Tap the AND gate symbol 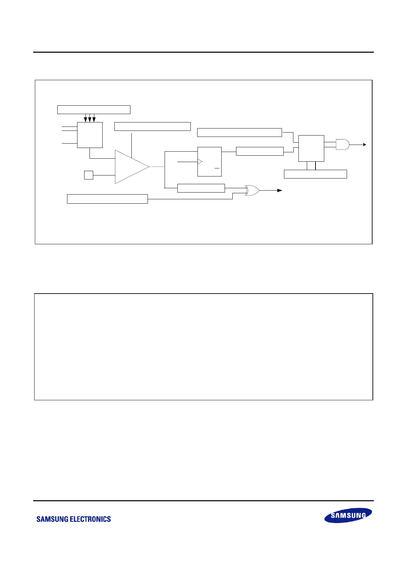pos(342,144)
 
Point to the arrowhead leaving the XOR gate pos(280,190)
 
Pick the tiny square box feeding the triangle pos(89,175)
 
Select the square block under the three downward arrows pos(90,135)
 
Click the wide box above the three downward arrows pos(94,109)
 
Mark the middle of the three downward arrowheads pos(90,119)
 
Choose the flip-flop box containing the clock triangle pos(209,161)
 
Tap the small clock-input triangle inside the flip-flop pos(200,162)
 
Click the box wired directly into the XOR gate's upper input pos(201,188)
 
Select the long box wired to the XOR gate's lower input pos(107,199)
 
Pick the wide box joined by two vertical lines pos(315,174)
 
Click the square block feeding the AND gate pos(311,148)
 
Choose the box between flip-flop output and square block pos(260,151)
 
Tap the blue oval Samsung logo pos(348,515)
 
